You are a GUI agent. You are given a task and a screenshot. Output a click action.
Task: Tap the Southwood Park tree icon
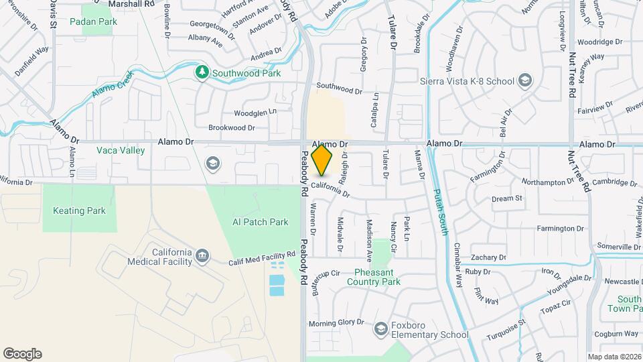[201, 72]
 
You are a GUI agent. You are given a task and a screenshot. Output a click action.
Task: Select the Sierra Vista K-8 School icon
[526, 82]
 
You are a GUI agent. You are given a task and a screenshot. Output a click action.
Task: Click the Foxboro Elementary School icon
[381, 328]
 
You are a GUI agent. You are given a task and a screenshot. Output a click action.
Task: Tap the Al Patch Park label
[260, 222]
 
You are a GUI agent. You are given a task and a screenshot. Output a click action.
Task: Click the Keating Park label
[79, 210]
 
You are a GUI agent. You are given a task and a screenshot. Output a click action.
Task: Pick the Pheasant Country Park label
[373, 277]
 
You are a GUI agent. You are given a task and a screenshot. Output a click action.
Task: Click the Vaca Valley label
[121, 150]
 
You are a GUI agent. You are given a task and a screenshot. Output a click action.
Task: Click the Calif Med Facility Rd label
[262, 258]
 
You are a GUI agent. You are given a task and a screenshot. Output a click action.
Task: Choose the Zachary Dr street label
[488, 257]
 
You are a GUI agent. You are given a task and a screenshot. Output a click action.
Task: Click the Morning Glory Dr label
[341, 322]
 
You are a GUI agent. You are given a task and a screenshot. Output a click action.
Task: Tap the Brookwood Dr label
[232, 127]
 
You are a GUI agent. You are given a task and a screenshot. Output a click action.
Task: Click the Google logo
[22, 354]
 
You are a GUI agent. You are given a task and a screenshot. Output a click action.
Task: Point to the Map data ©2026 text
[614, 357]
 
